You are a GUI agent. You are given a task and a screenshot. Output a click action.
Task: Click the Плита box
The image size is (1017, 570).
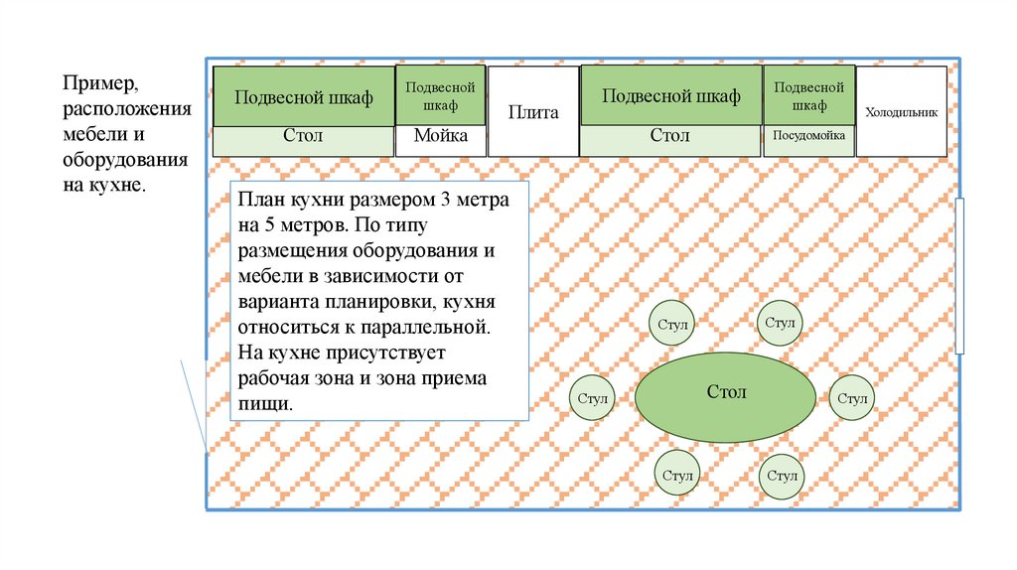pos(533,111)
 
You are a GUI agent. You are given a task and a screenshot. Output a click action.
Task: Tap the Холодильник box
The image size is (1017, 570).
pos(901,111)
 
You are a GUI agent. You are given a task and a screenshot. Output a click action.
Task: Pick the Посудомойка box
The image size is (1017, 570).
pos(808,140)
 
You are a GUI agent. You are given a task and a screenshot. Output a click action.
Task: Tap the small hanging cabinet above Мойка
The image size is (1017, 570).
pos(441,95)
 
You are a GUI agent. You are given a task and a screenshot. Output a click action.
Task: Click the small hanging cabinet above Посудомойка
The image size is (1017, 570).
pos(808,95)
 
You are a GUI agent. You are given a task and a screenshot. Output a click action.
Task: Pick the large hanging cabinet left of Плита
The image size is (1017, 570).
pos(303,96)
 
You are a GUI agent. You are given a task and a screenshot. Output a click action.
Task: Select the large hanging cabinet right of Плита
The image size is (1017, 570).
pos(670,96)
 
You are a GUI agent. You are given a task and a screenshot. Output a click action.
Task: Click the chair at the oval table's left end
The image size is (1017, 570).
pos(592,399)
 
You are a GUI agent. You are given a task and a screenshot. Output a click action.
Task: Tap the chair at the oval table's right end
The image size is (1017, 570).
pos(851,399)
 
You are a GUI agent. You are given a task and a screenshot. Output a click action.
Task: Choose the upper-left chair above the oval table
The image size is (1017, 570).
pos(672,325)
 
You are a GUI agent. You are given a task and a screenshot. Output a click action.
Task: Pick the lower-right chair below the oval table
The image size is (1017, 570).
pos(781,476)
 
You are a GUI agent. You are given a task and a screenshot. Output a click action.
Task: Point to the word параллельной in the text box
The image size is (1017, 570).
pos(431,327)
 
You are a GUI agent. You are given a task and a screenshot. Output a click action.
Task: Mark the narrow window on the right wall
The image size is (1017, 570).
pos(959,276)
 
